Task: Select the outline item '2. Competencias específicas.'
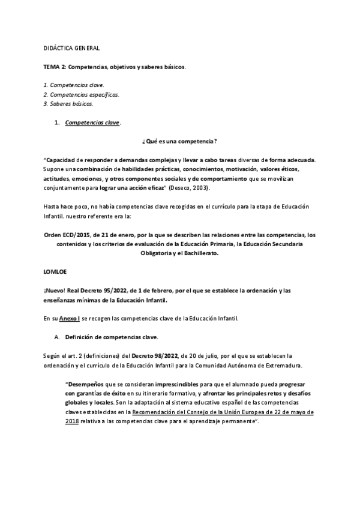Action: click(82, 94)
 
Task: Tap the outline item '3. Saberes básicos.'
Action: click(68, 104)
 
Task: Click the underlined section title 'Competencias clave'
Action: click(92, 124)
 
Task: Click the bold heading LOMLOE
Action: click(55, 272)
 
